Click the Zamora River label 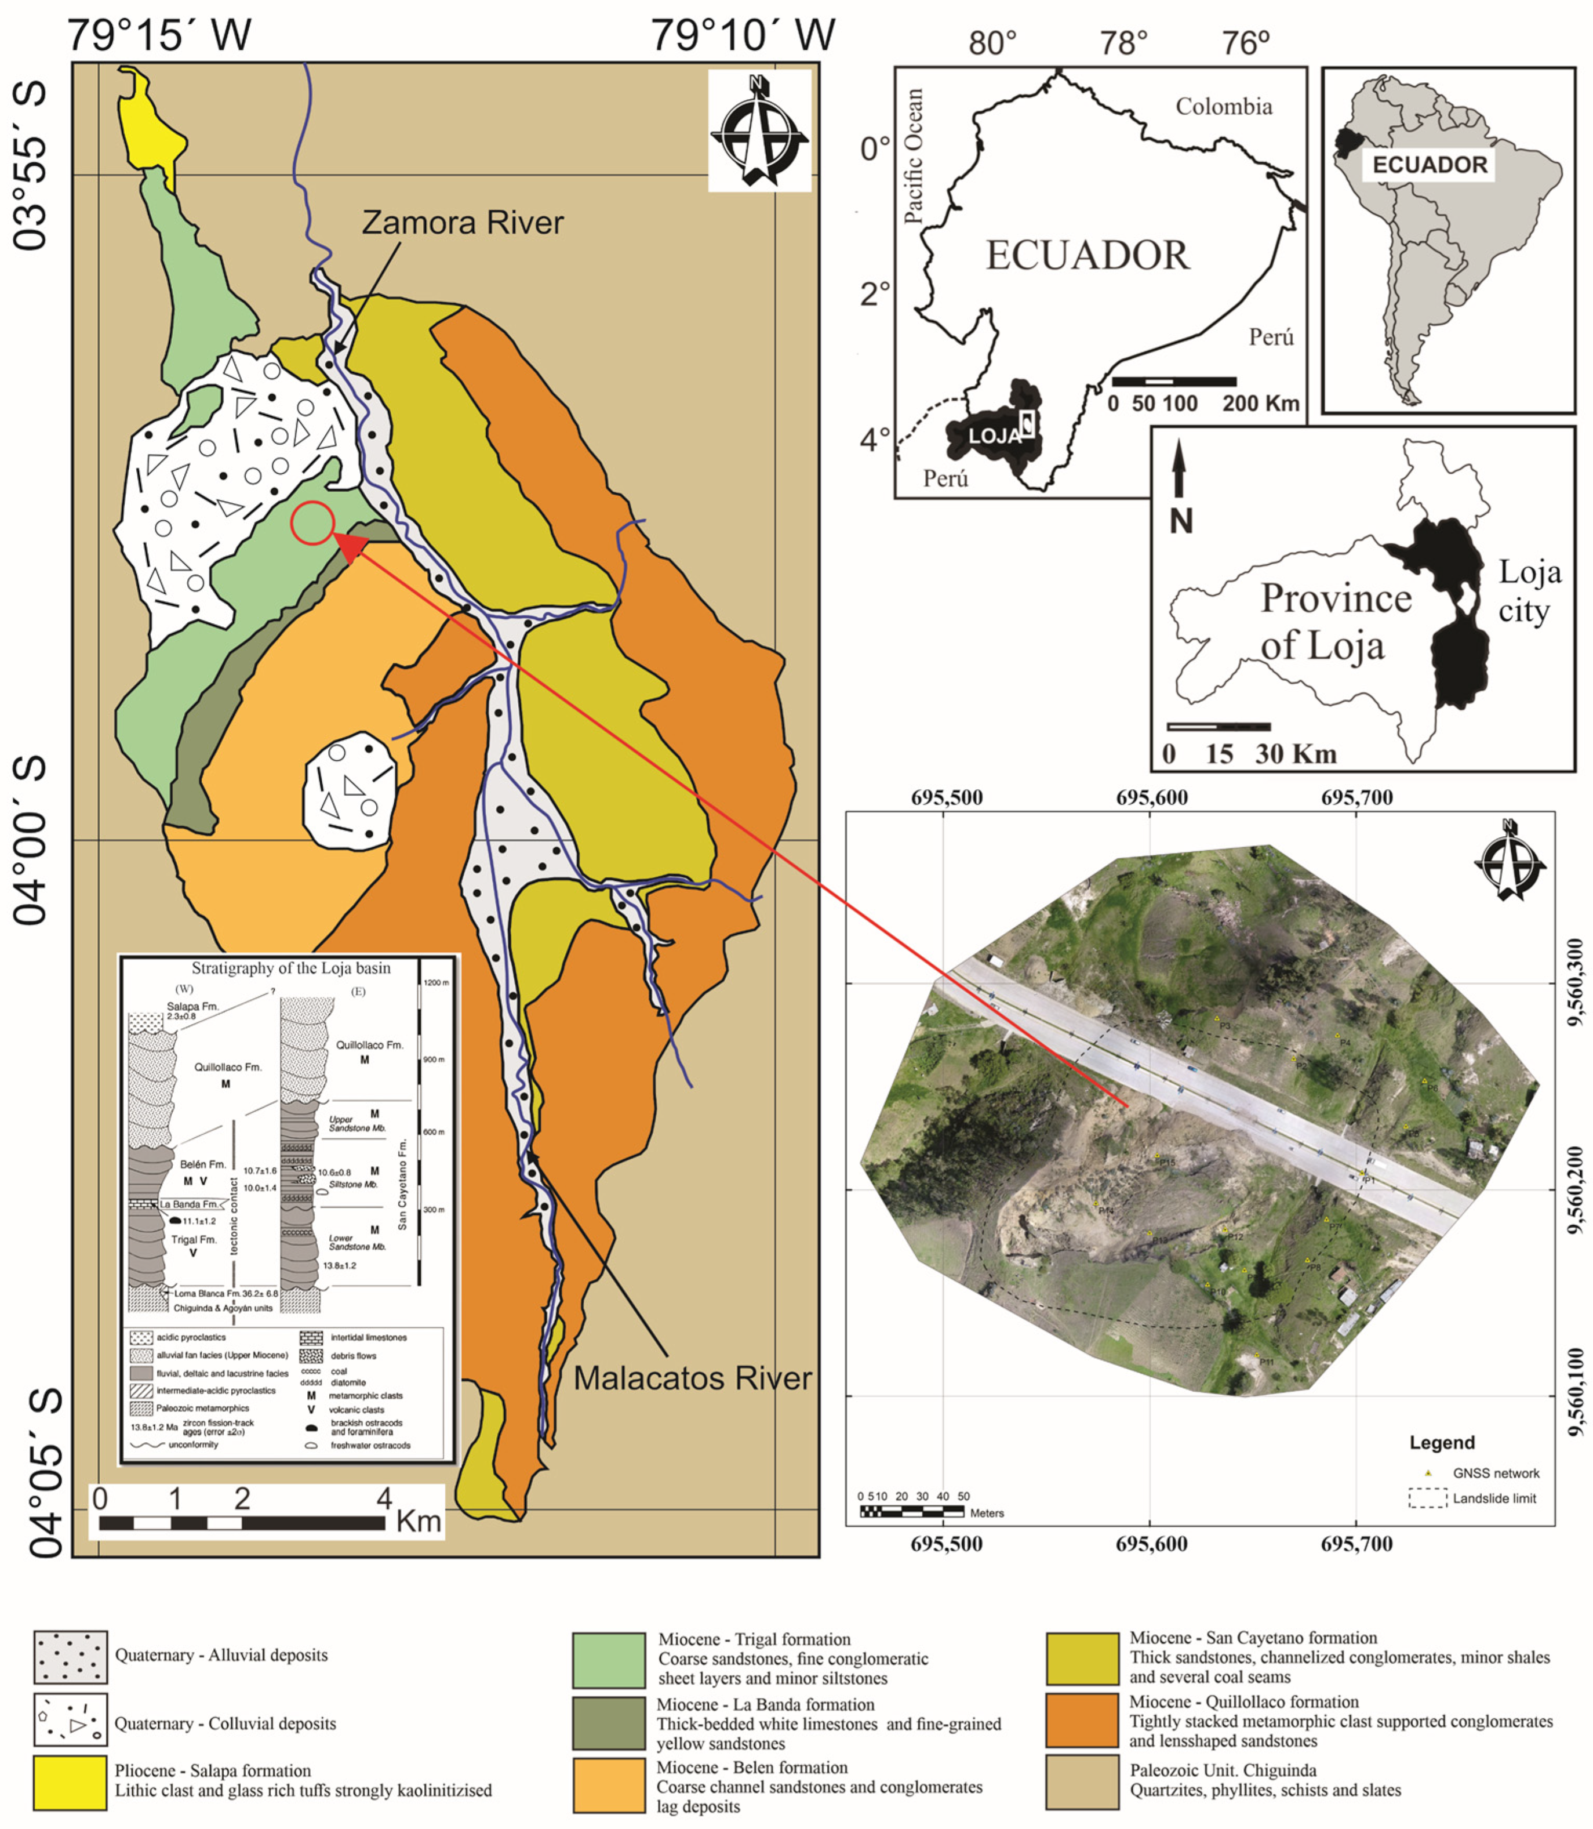tap(462, 222)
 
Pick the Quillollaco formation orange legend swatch tap(1082, 1721)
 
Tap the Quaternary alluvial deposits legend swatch tap(70, 1657)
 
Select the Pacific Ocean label tap(913, 155)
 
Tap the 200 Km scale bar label tap(1260, 404)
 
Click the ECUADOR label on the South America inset tap(1430, 165)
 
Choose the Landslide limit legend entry tap(1493, 1498)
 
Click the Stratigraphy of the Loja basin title tap(290, 968)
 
